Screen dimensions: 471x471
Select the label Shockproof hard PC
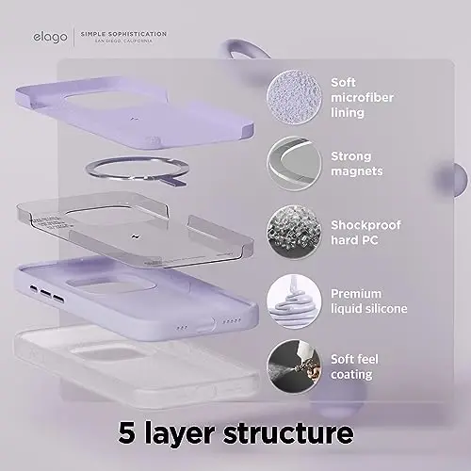coord(365,225)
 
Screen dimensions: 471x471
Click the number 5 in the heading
coord(130,434)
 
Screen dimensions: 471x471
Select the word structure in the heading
coord(287,434)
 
